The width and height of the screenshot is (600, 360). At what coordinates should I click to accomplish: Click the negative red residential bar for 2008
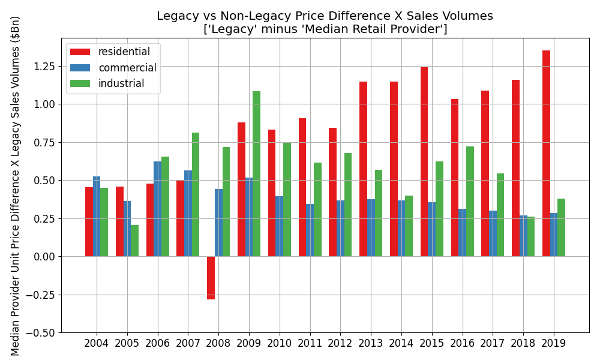click(211, 278)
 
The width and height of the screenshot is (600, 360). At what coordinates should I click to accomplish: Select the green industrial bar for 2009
click(256, 174)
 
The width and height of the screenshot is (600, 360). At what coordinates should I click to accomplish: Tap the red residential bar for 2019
click(546, 154)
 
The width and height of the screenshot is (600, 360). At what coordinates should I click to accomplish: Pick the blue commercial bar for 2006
click(157, 209)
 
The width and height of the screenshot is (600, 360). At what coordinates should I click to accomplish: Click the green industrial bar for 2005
click(134, 241)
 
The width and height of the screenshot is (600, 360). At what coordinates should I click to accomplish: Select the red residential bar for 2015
click(424, 162)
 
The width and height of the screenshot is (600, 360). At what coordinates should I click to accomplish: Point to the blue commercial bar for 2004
click(97, 216)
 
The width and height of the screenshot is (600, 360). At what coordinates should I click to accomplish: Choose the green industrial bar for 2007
click(196, 194)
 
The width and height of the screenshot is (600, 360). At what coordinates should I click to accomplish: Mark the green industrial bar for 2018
click(530, 236)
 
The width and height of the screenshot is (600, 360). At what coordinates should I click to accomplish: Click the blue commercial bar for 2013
click(371, 228)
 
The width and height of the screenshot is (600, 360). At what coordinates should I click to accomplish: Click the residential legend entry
click(124, 52)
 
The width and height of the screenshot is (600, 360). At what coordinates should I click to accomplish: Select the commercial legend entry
click(127, 68)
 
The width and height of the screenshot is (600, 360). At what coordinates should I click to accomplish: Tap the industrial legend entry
click(121, 83)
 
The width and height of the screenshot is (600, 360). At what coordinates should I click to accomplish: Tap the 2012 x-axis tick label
click(340, 344)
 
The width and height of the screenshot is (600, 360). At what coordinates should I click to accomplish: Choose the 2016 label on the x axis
click(463, 344)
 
